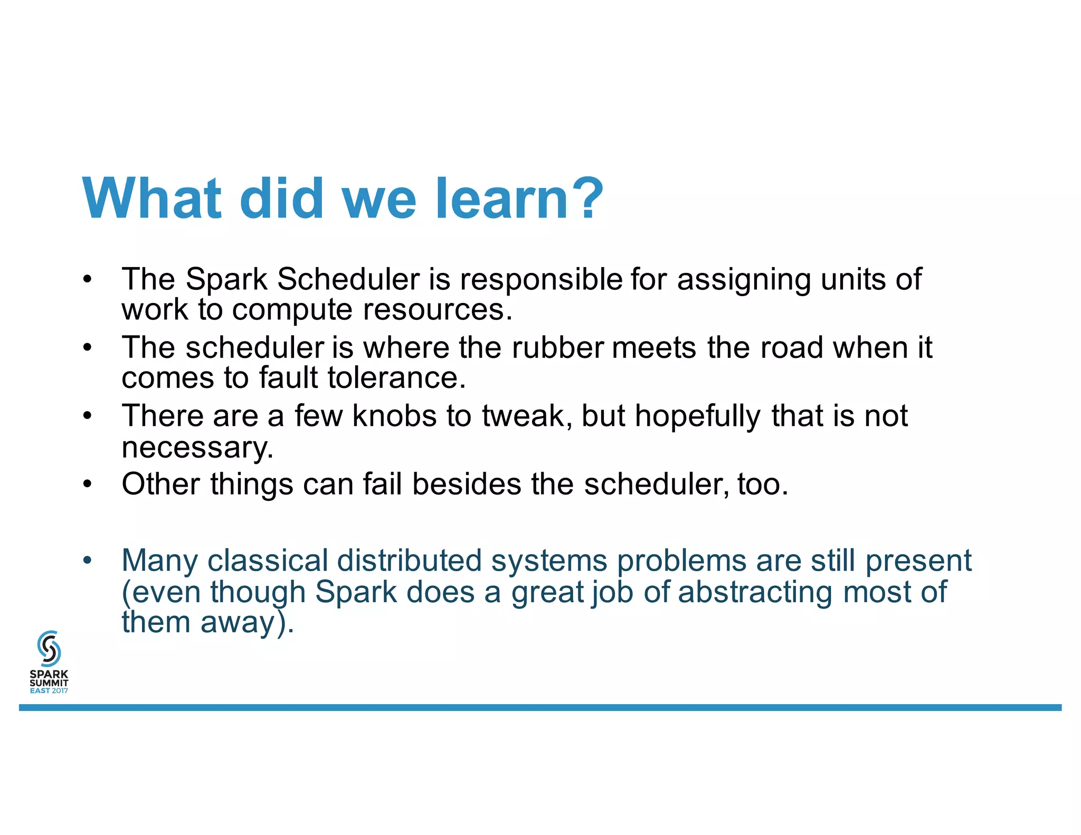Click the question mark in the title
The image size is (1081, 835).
click(587, 198)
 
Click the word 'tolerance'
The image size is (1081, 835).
click(396, 378)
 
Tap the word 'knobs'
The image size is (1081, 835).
click(394, 415)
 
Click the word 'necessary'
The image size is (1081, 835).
click(196, 447)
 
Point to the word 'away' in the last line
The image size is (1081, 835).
click(238, 622)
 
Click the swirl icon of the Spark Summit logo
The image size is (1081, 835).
click(49, 648)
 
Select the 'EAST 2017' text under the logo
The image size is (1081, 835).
click(49, 691)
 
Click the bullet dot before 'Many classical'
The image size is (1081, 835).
click(88, 560)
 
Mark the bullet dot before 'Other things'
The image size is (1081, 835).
click(88, 484)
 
